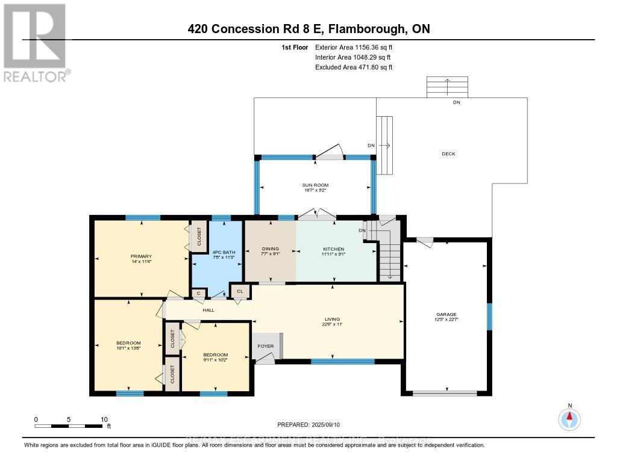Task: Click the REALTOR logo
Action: pyautogui.click(x=35, y=42)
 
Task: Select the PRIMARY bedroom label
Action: pyautogui.click(x=142, y=256)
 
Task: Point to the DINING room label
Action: pyautogui.click(x=270, y=249)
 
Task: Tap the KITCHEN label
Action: pyautogui.click(x=333, y=249)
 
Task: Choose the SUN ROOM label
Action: pyautogui.click(x=315, y=185)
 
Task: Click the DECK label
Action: pyautogui.click(x=448, y=154)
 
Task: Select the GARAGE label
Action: pyautogui.click(x=446, y=314)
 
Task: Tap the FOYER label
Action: pyautogui.click(x=266, y=346)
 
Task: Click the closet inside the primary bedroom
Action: pyautogui.click(x=197, y=237)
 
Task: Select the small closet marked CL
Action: pyautogui.click(x=240, y=291)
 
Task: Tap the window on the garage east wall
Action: pyautogui.click(x=489, y=317)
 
